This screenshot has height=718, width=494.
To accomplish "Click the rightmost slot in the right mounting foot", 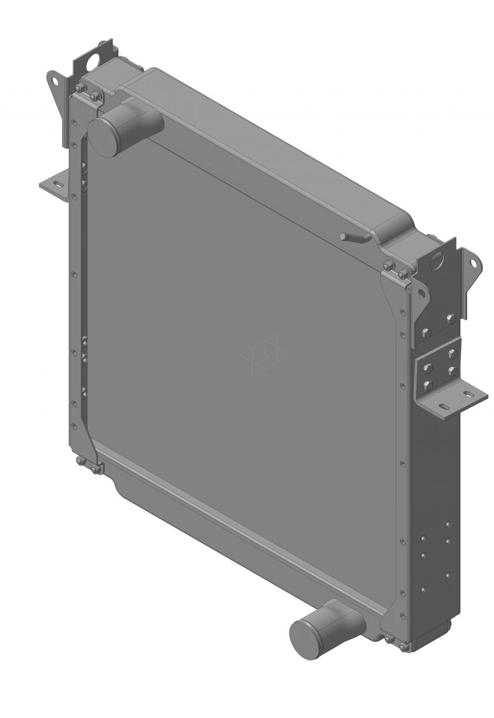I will [x=468, y=394].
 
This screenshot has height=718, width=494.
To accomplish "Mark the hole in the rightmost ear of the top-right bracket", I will [x=473, y=264].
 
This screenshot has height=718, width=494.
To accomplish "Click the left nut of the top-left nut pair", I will [x=80, y=88].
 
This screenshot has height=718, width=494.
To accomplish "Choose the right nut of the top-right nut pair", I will [x=403, y=273].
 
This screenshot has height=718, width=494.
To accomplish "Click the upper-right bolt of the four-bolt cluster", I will [x=453, y=353].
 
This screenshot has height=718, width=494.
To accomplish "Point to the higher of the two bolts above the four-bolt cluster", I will [x=451, y=318].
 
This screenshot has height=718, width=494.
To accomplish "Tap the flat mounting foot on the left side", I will [x=54, y=186].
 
